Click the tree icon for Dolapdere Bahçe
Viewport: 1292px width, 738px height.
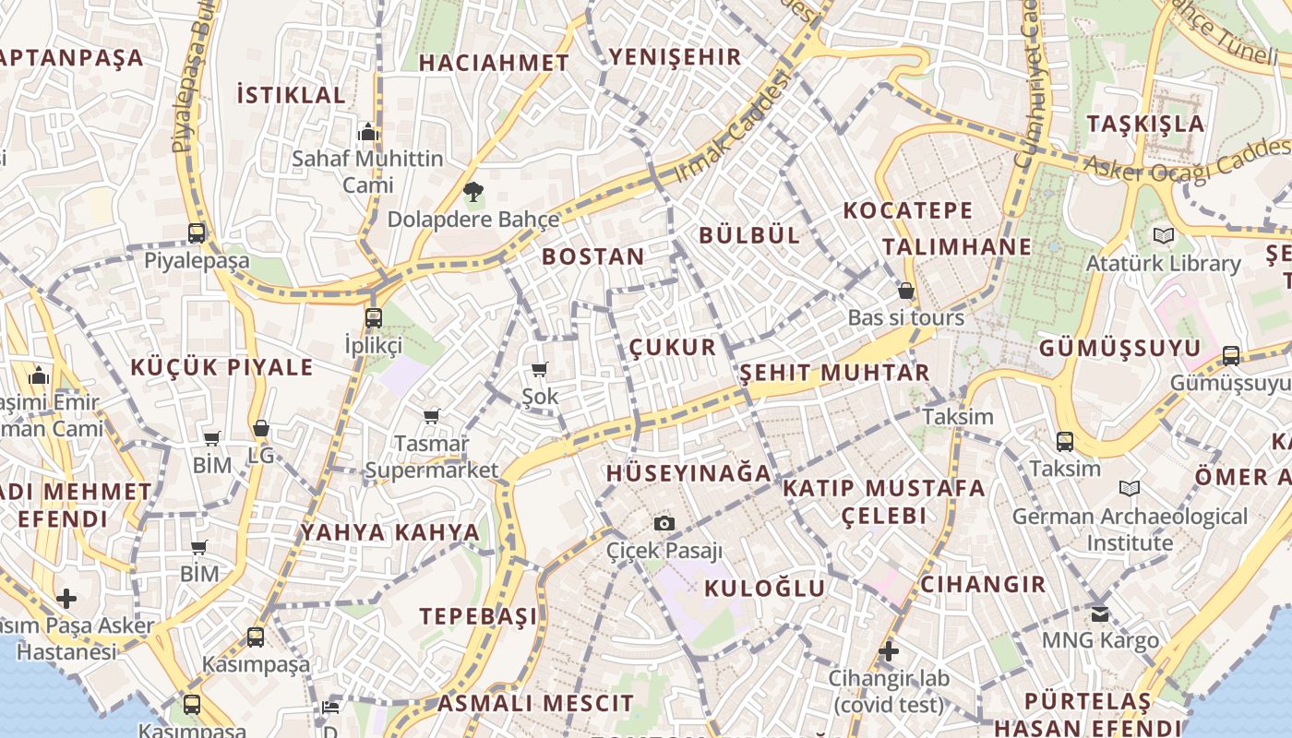click(473, 193)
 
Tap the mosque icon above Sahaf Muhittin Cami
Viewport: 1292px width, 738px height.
click(368, 132)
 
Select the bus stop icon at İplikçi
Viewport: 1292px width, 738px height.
click(374, 318)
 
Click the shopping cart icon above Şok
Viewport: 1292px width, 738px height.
click(540, 369)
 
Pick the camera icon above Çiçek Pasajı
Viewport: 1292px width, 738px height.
click(664, 524)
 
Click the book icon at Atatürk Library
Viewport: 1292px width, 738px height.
click(1163, 236)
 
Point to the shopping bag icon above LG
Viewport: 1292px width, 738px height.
click(261, 429)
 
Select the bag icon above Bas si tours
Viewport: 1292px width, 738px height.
click(905, 291)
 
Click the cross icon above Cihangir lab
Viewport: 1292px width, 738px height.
click(888, 652)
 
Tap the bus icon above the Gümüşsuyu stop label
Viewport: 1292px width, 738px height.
click(1230, 355)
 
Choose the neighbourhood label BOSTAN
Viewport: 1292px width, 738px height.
click(592, 256)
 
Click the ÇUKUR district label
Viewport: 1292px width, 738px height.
click(673, 347)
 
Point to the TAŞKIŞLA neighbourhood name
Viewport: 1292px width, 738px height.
click(1145, 124)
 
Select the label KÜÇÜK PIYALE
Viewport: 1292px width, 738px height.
click(221, 367)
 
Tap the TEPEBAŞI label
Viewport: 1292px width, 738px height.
click(478, 616)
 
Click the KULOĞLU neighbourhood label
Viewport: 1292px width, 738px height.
click(765, 588)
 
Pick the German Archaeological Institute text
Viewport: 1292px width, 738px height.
click(1130, 529)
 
